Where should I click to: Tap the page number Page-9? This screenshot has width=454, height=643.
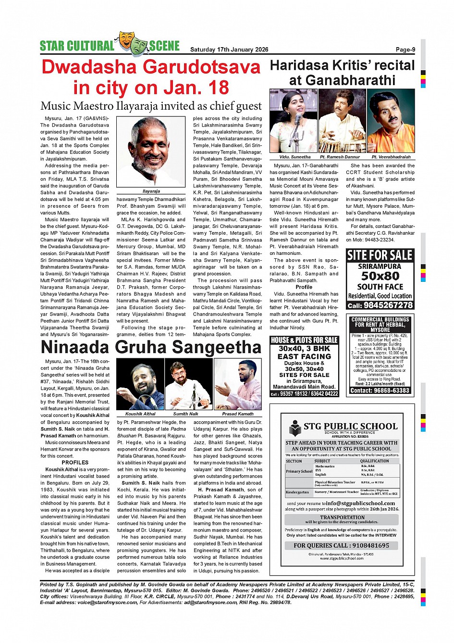pos(405,50)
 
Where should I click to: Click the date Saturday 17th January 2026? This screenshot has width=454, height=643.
pos(229,50)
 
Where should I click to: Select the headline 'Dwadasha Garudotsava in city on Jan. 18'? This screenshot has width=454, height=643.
pos(151,77)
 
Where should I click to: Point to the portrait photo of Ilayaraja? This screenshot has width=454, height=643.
pos(151,152)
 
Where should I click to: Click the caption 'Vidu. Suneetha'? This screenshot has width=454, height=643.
pos(295,157)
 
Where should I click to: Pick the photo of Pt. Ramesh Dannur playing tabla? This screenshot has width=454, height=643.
pos(342,121)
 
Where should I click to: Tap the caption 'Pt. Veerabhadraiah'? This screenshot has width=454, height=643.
pos(391,157)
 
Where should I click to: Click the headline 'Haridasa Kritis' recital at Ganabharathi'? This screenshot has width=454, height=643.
pos(342,73)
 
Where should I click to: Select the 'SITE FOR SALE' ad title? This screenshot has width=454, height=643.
pos(380,255)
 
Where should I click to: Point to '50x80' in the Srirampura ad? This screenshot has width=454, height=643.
pos(380,276)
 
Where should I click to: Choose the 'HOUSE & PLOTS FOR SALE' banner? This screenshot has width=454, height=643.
pos(304,340)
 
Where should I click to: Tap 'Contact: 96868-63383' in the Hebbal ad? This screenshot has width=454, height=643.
pos(380,391)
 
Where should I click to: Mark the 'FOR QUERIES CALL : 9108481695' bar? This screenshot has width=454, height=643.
pos(342,545)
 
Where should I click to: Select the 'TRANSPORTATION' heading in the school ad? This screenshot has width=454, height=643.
pos(342,517)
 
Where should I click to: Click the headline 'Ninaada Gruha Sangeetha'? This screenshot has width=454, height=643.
pos(151,347)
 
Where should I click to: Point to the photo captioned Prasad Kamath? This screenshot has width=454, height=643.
pos(238,384)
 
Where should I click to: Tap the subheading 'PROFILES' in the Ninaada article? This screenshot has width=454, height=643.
pos(75,463)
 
